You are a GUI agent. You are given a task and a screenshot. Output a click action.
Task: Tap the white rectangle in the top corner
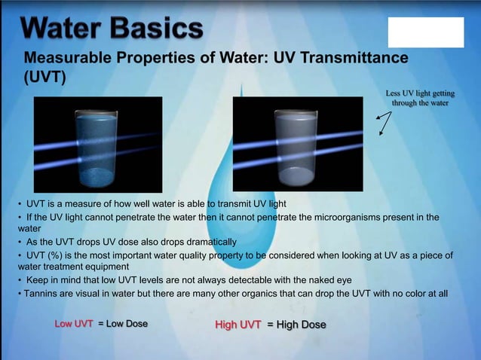click(425, 32)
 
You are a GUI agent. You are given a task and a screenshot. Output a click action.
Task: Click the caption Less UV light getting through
click(420, 98)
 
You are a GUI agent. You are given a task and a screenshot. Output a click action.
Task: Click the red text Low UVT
click(74, 324)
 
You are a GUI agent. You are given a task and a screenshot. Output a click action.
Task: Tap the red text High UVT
click(238, 325)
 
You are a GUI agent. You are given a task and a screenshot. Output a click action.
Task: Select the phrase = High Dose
click(297, 325)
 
